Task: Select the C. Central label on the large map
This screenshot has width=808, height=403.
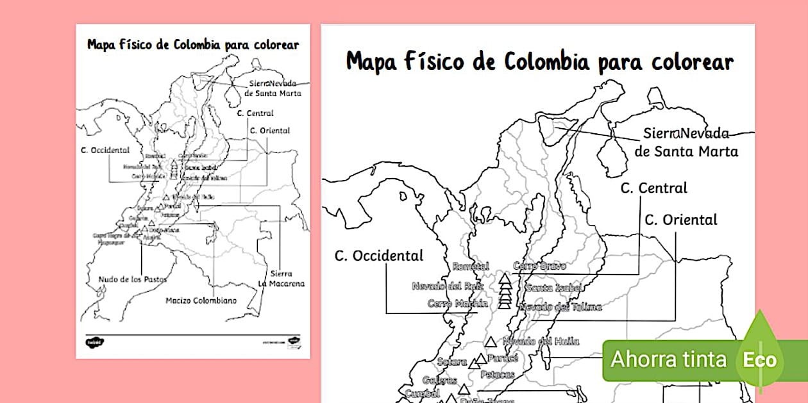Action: coord(653,188)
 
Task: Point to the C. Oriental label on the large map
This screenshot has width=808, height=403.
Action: coord(680,220)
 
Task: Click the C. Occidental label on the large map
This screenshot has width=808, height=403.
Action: coord(379,256)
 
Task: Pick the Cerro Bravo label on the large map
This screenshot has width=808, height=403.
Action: coord(539,266)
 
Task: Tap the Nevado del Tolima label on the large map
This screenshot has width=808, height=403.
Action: coord(560,307)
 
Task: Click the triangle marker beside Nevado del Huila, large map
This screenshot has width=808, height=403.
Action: coord(491,342)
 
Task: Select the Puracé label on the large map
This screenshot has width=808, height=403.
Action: coord(502,358)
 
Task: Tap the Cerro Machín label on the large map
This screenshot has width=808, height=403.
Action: coord(458,304)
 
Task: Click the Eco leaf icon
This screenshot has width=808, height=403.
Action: coord(760,359)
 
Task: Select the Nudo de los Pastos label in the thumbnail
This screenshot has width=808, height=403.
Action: coord(133,279)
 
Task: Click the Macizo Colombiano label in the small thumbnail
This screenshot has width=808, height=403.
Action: coord(201,300)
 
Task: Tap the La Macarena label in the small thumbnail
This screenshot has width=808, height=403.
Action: coord(281,283)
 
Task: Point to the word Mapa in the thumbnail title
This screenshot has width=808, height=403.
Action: coord(101,45)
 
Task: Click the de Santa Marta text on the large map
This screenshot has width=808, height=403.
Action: coord(686,152)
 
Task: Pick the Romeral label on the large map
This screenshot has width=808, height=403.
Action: coord(470,266)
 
